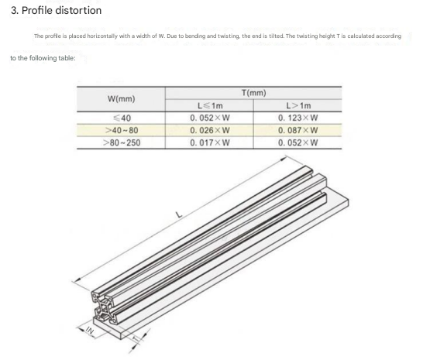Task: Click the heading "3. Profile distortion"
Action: pos(57,10)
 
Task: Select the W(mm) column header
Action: pos(121,99)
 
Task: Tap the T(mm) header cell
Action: pos(253,93)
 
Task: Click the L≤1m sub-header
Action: pos(210,105)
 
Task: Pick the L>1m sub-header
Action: pos(298,105)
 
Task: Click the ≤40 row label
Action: pos(122,118)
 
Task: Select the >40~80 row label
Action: pos(122,130)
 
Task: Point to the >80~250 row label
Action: pos(122,142)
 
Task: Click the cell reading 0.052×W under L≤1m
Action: pos(210,118)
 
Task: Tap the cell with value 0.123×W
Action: pos(298,118)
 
